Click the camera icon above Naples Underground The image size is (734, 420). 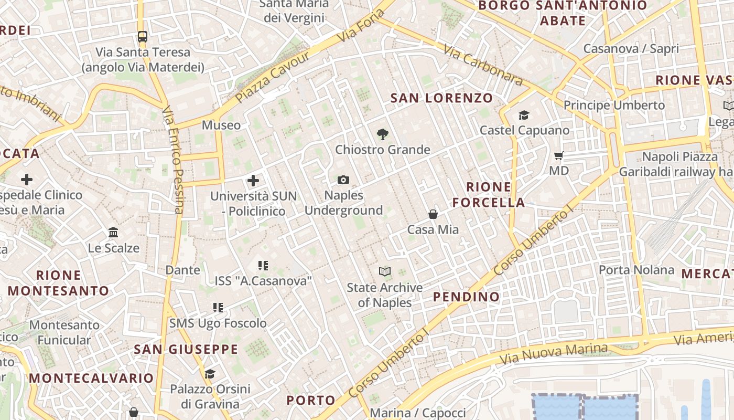[343, 180]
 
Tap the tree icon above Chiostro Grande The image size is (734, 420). [383, 134]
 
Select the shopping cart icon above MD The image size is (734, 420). [558, 155]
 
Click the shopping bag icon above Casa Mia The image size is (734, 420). [433, 214]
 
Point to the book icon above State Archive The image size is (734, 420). [385, 271]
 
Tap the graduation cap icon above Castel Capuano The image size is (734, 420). [523, 115]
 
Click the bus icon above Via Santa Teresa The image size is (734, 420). [143, 36]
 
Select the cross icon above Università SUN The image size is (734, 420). [253, 181]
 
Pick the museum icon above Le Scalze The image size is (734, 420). [113, 232]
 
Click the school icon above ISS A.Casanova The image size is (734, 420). [263, 266]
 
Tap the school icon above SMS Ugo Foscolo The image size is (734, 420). [218, 307]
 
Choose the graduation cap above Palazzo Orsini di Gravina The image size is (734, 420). [210, 374]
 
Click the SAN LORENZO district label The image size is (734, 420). [441, 98]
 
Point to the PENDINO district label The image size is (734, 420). [466, 297]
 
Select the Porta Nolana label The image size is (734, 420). [636, 270]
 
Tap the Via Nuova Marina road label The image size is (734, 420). [554, 354]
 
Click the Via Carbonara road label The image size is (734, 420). [483, 65]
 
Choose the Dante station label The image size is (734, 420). [183, 270]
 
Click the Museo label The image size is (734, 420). [221, 125]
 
